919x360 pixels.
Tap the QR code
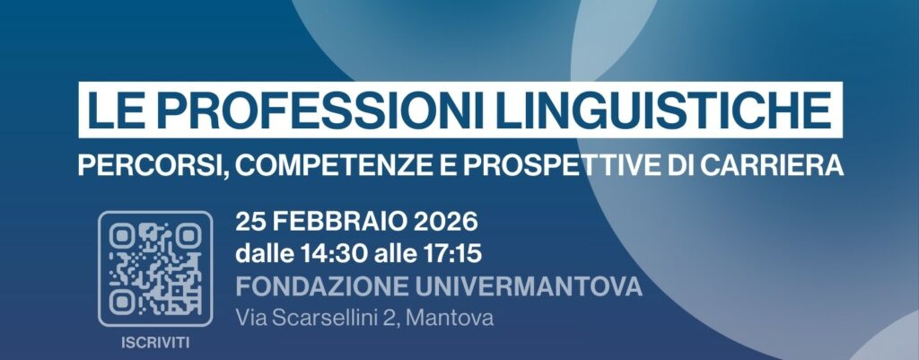[154, 268]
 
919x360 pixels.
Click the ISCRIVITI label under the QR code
[154, 342]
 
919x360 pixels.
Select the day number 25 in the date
[249, 221]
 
